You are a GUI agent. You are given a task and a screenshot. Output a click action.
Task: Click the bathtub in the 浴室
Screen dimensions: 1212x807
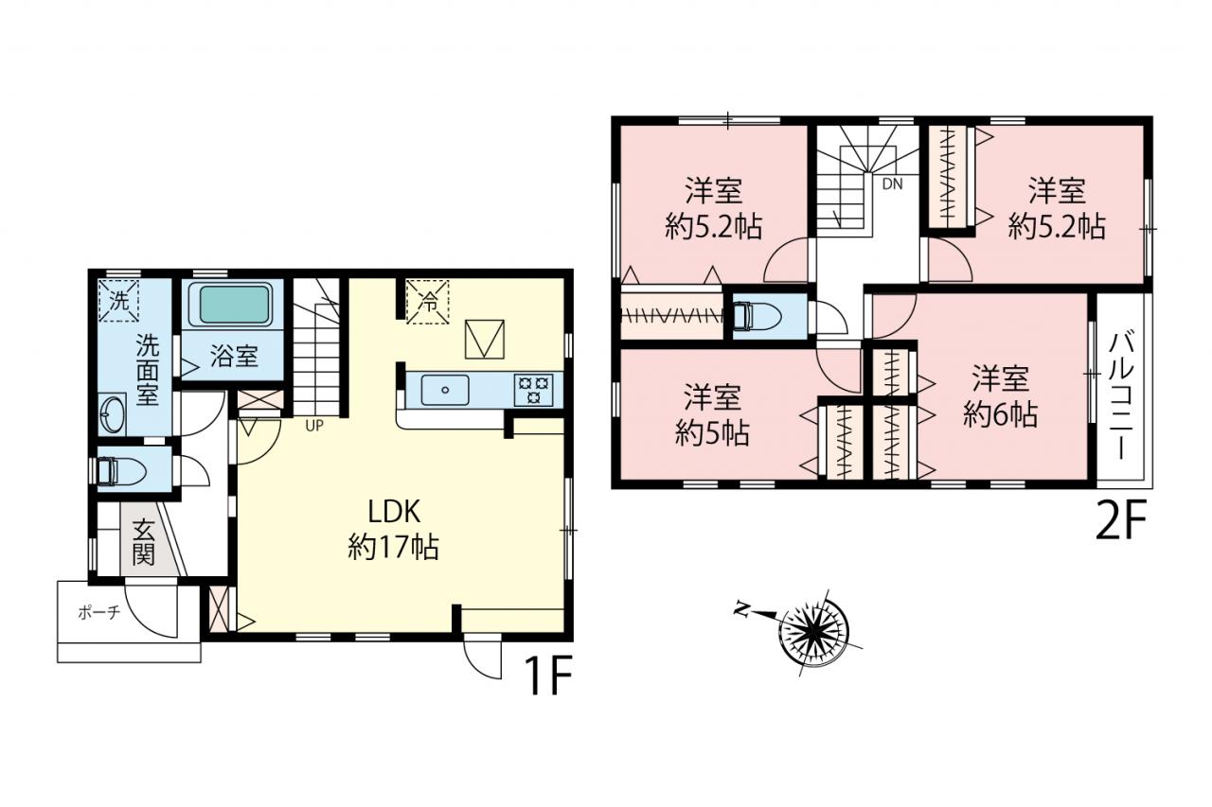(x=236, y=305)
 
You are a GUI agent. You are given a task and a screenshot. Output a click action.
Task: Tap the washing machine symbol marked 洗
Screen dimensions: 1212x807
(x=119, y=301)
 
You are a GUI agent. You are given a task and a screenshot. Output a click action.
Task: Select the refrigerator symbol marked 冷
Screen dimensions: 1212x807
(x=428, y=302)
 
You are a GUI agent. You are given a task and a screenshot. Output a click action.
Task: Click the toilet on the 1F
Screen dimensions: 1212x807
(x=120, y=470)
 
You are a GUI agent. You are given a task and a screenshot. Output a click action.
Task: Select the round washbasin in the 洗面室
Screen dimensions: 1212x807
(x=113, y=414)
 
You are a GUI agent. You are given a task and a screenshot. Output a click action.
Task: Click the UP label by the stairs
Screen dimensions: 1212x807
(x=314, y=426)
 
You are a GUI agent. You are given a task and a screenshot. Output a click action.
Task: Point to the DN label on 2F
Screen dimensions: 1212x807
(x=893, y=184)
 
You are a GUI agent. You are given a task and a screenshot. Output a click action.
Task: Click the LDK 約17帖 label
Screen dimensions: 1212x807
(x=393, y=529)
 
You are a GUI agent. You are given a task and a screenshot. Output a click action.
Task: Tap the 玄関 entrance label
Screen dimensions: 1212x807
(x=143, y=541)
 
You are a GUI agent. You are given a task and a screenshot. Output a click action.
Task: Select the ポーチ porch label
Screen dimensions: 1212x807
(x=99, y=612)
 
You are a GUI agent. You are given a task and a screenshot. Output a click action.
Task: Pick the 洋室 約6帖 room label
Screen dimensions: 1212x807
(x=1000, y=397)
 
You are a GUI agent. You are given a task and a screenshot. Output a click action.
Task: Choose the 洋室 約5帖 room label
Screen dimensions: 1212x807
(x=712, y=415)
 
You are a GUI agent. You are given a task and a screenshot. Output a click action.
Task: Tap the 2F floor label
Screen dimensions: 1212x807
(x=1122, y=522)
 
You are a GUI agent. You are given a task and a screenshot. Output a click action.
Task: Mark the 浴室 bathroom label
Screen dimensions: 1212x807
(x=234, y=357)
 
